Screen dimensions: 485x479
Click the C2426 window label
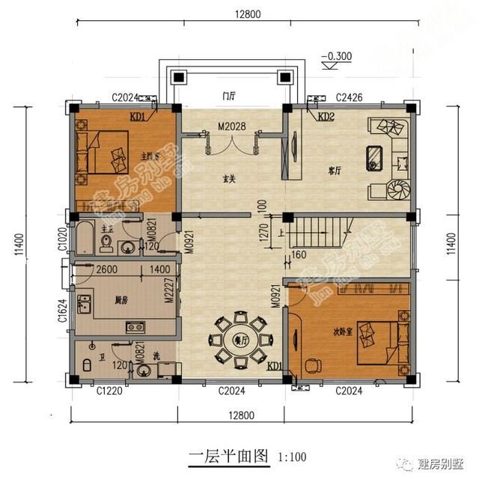tap(349, 97)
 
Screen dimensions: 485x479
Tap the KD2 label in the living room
tap(326, 118)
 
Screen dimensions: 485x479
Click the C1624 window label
tap(64, 308)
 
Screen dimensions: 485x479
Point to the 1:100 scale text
tap(291, 455)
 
